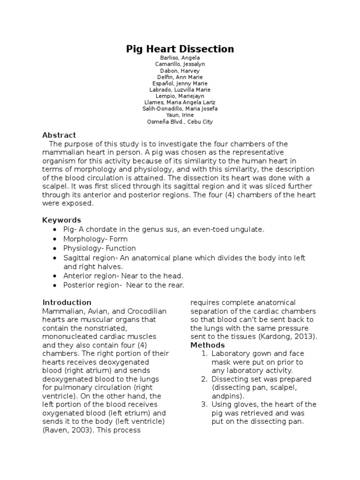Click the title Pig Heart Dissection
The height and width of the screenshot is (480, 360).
(x=180, y=49)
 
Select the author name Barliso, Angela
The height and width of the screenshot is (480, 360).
(x=180, y=58)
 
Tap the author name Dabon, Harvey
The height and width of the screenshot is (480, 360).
(x=180, y=70)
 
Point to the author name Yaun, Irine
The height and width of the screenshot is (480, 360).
(x=180, y=115)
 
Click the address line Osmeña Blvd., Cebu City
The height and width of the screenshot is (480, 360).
(x=180, y=121)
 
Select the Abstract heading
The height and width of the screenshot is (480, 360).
(x=59, y=135)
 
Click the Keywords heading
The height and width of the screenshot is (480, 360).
(x=61, y=220)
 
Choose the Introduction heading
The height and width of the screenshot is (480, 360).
(x=67, y=302)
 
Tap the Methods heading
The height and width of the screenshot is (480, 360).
(x=207, y=345)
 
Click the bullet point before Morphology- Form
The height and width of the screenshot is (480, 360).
(x=55, y=239)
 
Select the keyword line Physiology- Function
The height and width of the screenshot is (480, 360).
(x=99, y=248)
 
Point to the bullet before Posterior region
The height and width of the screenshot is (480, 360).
(x=55, y=285)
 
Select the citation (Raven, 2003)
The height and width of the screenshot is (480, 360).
(x=67, y=430)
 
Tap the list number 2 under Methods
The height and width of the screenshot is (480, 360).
(x=204, y=379)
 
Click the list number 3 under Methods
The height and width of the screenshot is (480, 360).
(x=204, y=405)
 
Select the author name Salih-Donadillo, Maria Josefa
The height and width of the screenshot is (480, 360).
(x=180, y=109)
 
